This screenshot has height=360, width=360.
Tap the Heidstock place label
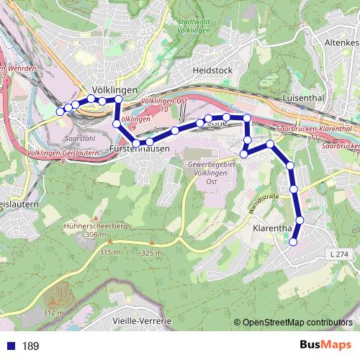pos(212,71)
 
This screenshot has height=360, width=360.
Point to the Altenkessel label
pos(341,43)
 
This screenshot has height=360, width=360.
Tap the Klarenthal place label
pos(273,229)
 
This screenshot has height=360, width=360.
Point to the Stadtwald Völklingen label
pos(194,26)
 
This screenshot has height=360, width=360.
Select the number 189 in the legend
pos(30,346)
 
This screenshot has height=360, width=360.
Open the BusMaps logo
pos(325,345)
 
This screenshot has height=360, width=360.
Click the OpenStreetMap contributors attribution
pos(295,323)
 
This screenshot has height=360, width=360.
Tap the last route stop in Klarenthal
pos(293,242)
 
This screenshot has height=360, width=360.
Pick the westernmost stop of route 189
pos(60,112)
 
